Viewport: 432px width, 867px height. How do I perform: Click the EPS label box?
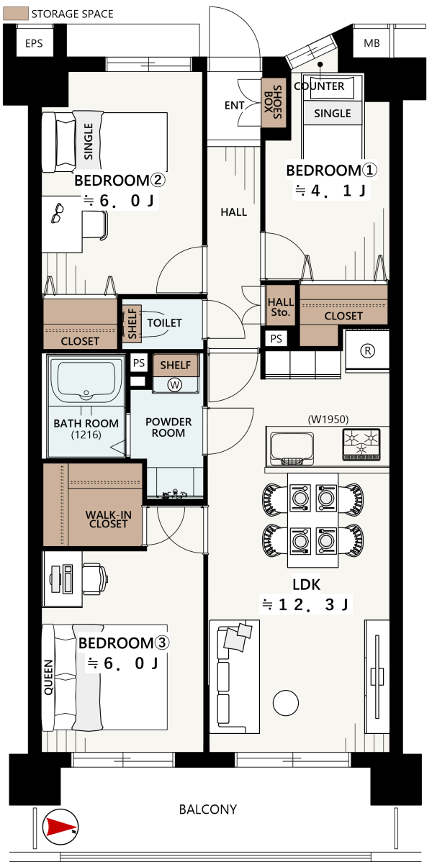[x=34, y=42]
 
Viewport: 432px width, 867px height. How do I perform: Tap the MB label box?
[x=372, y=43]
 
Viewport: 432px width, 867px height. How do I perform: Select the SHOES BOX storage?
[x=274, y=103]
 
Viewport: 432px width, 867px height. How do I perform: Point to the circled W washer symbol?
[x=175, y=385]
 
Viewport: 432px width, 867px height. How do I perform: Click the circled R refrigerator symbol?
[x=367, y=350]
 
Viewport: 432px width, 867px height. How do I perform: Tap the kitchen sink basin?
[x=292, y=448]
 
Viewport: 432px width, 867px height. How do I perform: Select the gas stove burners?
[x=361, y=445]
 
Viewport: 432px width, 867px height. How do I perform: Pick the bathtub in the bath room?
[x=86, y=382]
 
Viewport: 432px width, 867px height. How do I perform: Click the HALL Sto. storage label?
[x=281, y=307]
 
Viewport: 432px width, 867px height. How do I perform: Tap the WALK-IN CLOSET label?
[x=109, y=519]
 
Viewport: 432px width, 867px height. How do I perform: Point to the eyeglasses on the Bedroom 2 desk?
[x=58, y=213]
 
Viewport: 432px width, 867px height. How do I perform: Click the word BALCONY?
[x=207, y=809]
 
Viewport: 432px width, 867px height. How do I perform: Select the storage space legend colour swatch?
[x=16, y=14]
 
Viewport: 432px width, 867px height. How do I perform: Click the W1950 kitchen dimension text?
[x=328, y=419]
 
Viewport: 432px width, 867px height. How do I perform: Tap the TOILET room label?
[x=164, y=322]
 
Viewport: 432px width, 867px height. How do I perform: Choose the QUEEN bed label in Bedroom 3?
[x=48, y=677]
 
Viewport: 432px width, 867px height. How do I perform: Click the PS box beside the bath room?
[x=139, y=363]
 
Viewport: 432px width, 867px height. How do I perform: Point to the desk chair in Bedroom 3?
[x=94, y=578]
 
